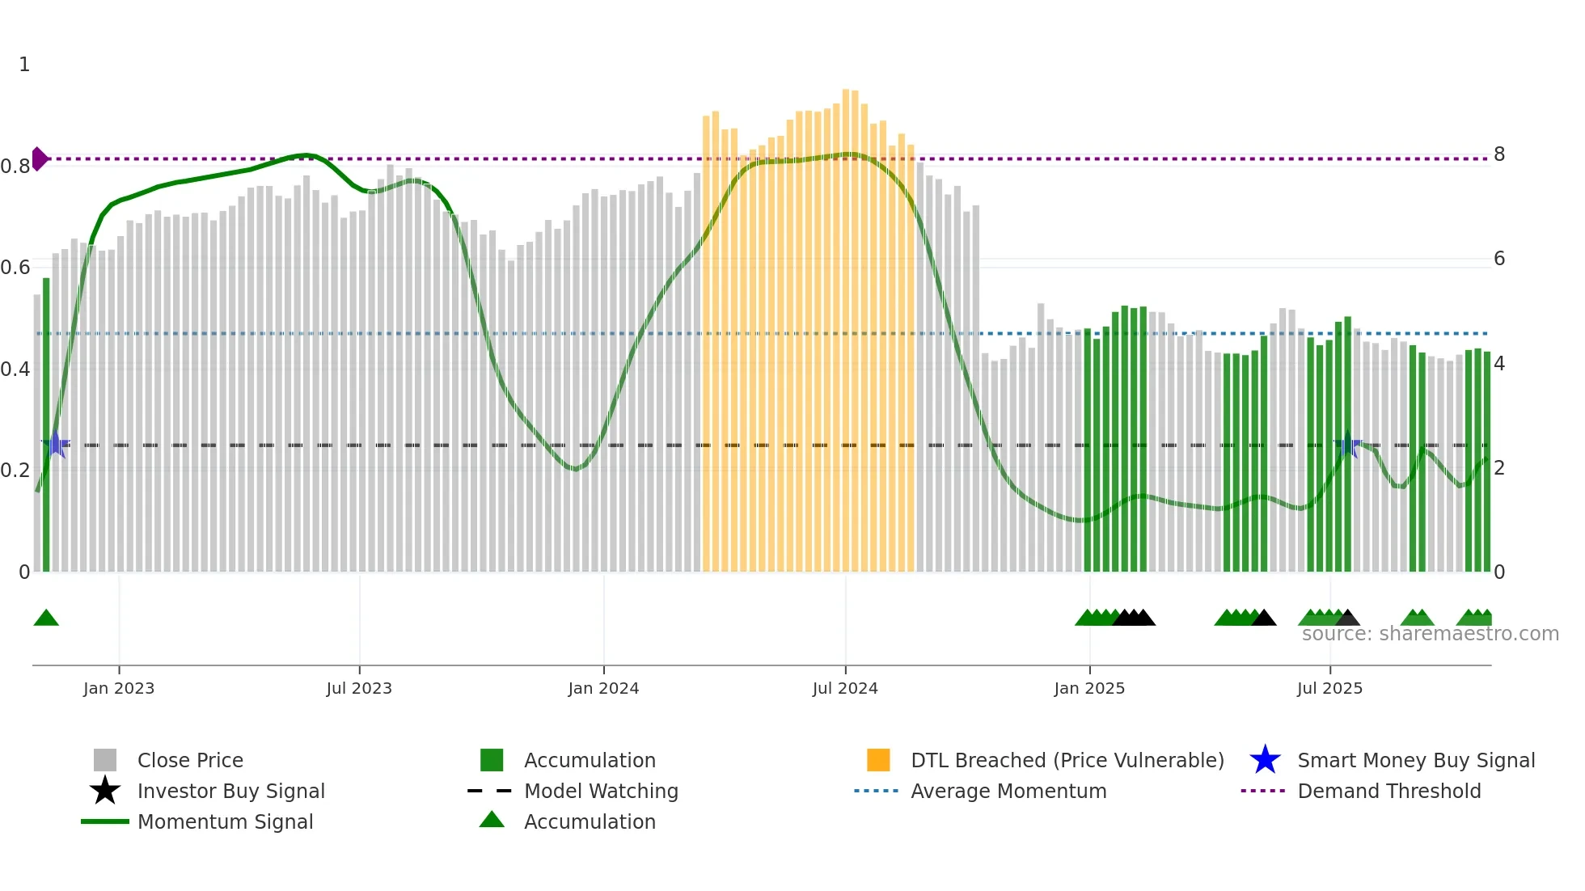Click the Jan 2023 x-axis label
118,689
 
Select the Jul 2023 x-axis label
359,689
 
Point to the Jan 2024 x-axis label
603,689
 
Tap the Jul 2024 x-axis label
845,689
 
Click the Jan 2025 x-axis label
1089,689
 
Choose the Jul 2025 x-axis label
1329,689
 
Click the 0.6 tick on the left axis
15,268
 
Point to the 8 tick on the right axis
1499,154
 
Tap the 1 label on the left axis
24,65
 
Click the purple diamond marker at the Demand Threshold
39,158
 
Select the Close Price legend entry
190,761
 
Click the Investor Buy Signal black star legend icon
105,791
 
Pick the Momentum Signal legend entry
225,822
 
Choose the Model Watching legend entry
601,792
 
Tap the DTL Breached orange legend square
878,760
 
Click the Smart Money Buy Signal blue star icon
1265,760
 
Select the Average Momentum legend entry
1008,792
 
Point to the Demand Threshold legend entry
1388,792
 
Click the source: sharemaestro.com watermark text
1430,634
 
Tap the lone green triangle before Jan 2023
46,619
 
